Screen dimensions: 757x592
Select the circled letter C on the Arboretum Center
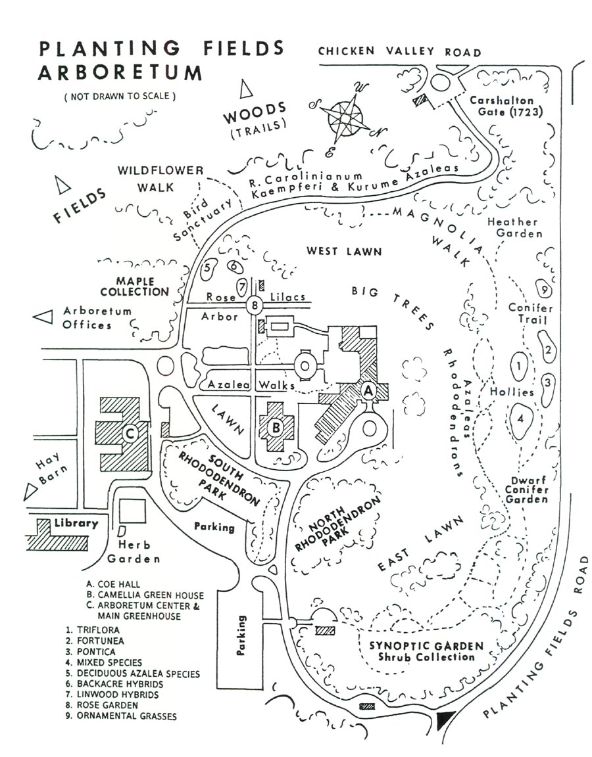pos(130,434)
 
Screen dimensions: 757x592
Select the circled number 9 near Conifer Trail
pos(542,288)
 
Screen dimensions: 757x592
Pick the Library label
pos(76,524)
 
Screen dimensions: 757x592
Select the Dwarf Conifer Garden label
pos(526,490)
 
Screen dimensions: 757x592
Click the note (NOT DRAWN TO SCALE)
pos(120,96)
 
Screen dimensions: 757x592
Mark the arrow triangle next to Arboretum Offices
pos(43,316)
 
